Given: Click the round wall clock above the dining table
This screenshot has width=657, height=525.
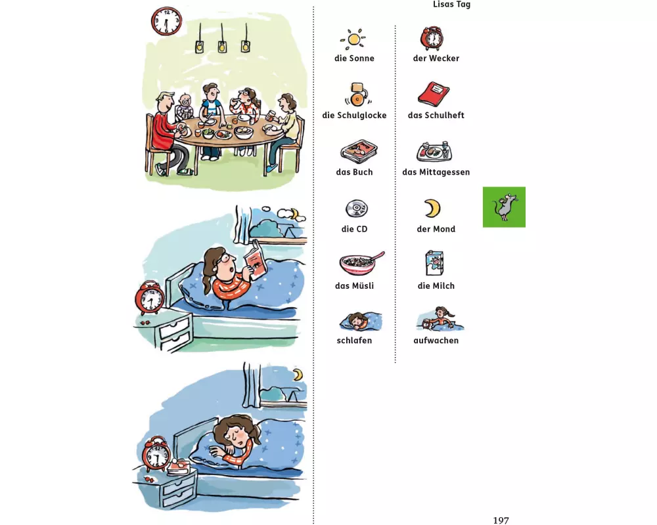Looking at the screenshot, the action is (166, 21).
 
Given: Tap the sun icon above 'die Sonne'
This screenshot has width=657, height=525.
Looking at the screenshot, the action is (353, 39).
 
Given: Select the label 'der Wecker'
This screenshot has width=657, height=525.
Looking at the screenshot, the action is (436, 58).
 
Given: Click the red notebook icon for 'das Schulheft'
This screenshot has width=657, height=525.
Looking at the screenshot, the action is (434, 94).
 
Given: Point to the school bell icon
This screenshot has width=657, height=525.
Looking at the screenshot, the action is (357, 94).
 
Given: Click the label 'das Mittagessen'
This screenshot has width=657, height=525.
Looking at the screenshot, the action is (436, 172).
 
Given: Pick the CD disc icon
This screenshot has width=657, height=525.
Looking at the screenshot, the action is (357, 208).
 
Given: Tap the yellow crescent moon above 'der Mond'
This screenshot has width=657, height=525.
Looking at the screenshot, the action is (432, 208).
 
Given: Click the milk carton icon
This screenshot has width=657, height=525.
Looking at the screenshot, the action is (434, 263).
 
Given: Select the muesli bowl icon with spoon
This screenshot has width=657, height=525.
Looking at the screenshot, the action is (359, 263).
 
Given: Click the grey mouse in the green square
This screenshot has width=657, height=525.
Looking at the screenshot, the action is (504, 206).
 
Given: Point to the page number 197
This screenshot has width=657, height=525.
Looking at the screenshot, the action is (501, 520).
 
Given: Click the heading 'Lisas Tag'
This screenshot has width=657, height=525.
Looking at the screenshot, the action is (451, 5).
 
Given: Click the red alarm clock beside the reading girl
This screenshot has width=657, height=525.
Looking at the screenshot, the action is (149, 298).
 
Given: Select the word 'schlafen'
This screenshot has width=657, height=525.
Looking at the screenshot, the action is (354, 341).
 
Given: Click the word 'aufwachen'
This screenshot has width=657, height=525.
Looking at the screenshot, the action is (436, 341).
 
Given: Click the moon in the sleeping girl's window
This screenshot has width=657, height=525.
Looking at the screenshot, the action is (298, 374).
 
